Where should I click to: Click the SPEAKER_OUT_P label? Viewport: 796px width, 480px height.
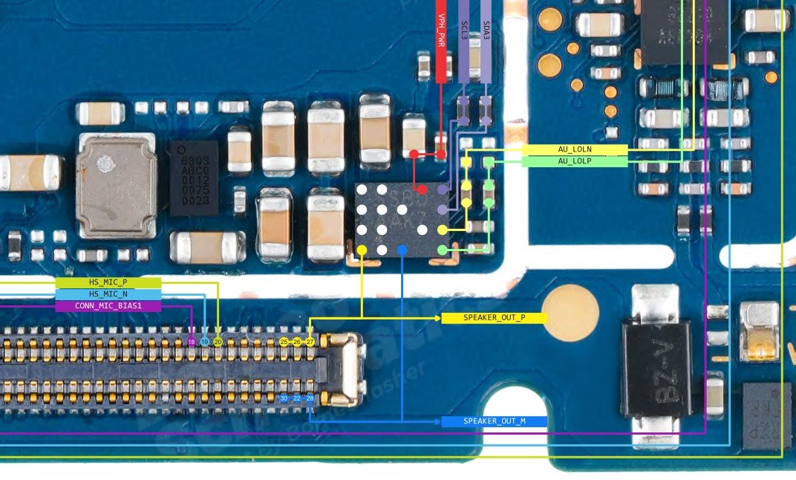494,318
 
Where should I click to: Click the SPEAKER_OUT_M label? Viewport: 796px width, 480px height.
494,421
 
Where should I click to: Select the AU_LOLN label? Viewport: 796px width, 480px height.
574,149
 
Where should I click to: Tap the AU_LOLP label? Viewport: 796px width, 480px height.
574,160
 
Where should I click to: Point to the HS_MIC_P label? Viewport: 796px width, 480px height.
108,282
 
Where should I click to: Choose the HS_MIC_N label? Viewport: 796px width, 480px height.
108,294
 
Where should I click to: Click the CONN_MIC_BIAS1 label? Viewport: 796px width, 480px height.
108,305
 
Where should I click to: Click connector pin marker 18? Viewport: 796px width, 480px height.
192,342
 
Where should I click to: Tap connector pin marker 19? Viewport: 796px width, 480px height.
204,342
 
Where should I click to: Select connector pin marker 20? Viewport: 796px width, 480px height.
218,342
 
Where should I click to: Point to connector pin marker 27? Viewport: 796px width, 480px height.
310,342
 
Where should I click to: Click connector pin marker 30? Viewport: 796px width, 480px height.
284,398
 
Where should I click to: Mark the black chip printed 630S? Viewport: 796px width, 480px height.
194,178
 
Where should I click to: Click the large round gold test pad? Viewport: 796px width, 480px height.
570,313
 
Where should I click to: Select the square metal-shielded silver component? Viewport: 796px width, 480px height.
117,186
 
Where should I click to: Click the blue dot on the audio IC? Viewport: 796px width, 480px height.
402,250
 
